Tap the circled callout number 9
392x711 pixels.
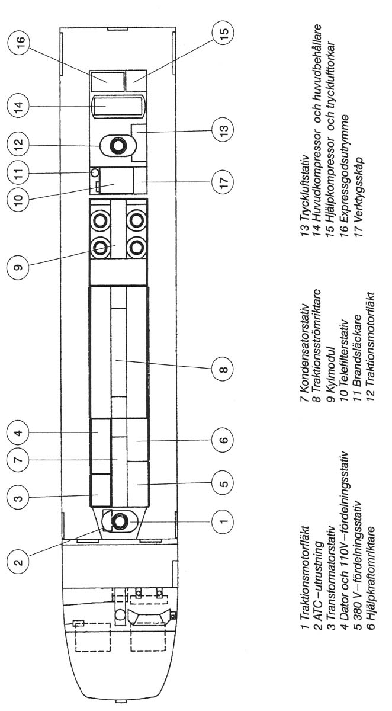[x=18, y=267]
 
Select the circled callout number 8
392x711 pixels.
[x=223, y=369]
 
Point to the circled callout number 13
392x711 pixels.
[x=223, y=129]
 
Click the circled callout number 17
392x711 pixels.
[x=223, y=182]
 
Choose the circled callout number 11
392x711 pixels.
[x=18, y=173]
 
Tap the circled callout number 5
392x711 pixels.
[x=223, y=483]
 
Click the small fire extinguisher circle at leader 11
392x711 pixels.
[x=95, y=172]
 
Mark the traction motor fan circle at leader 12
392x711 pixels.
[x=118, y=145]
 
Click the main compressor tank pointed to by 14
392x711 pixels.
[x=118, y=106]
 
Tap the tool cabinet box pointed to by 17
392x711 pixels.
[x=141, y=180]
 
